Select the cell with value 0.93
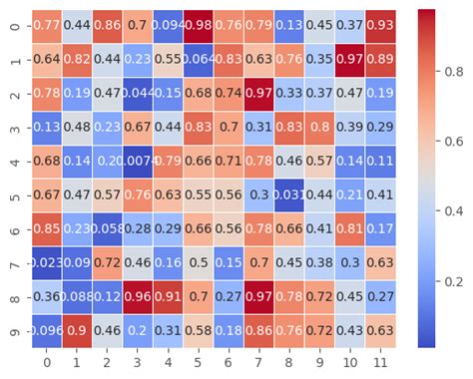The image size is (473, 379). [378, 25]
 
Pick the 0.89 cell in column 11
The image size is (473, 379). [378, 59]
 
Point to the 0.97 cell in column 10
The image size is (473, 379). [348, 59]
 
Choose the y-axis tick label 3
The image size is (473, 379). [14, 127]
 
